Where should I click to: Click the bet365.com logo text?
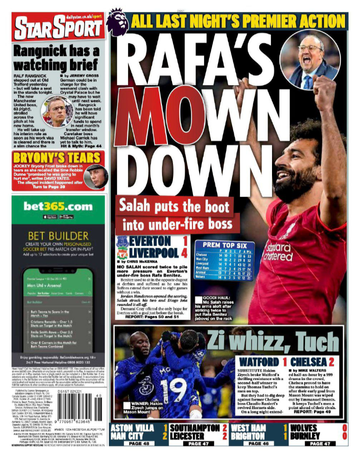59,206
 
